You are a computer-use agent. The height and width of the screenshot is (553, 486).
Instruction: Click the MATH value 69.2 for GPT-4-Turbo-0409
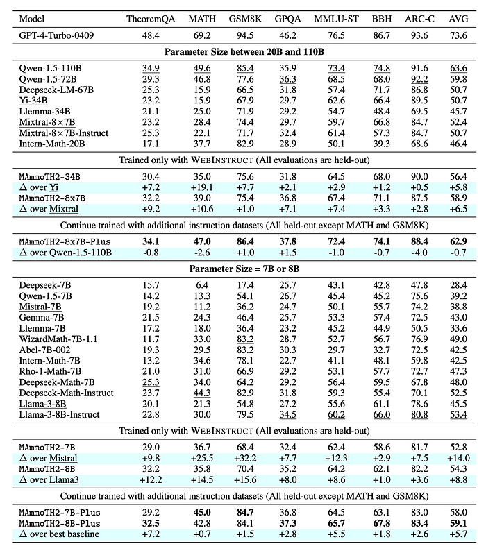201,32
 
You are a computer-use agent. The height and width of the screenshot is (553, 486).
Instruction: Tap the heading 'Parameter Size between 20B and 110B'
242,51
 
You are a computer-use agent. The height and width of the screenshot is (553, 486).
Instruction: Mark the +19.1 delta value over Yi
201,187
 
